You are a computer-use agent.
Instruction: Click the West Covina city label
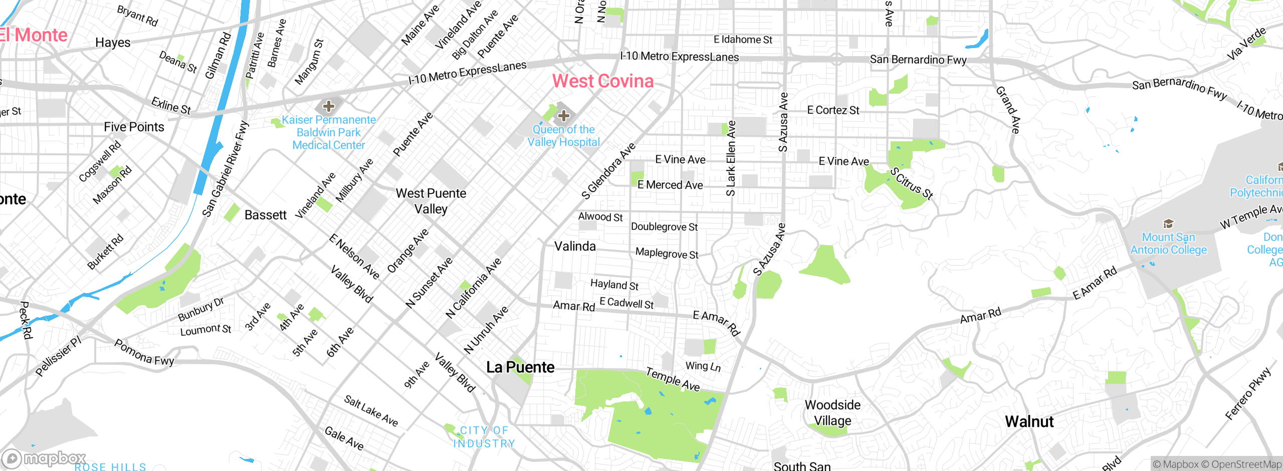click(603, 81)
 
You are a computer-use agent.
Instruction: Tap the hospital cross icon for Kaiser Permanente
click(329, 106)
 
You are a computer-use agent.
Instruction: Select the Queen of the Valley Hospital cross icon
click(564, 116)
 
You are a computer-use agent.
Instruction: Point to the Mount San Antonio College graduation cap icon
click(1168, 223)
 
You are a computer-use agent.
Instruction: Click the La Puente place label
click(520, 367)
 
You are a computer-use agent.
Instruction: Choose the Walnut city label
click(1029, 422)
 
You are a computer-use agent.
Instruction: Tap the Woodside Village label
click(832, 412)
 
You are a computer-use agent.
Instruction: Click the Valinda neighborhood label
click(575, 247)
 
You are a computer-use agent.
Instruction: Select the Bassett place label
click(266, 215)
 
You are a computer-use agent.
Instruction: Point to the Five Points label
click(134, 127)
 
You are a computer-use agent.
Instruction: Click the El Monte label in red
click(34, 35)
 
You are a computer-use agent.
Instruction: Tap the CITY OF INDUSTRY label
click(484, 437)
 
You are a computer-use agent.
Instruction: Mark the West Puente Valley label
click(431, 201)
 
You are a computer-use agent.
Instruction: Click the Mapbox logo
click(44, 458)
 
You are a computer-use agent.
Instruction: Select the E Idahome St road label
click(743, 40)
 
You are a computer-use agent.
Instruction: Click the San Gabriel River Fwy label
click(226, 169)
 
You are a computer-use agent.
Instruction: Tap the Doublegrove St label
click(664, 227)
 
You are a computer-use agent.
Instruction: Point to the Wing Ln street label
click(703, 366)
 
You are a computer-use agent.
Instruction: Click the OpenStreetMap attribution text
click(1245, 464)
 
